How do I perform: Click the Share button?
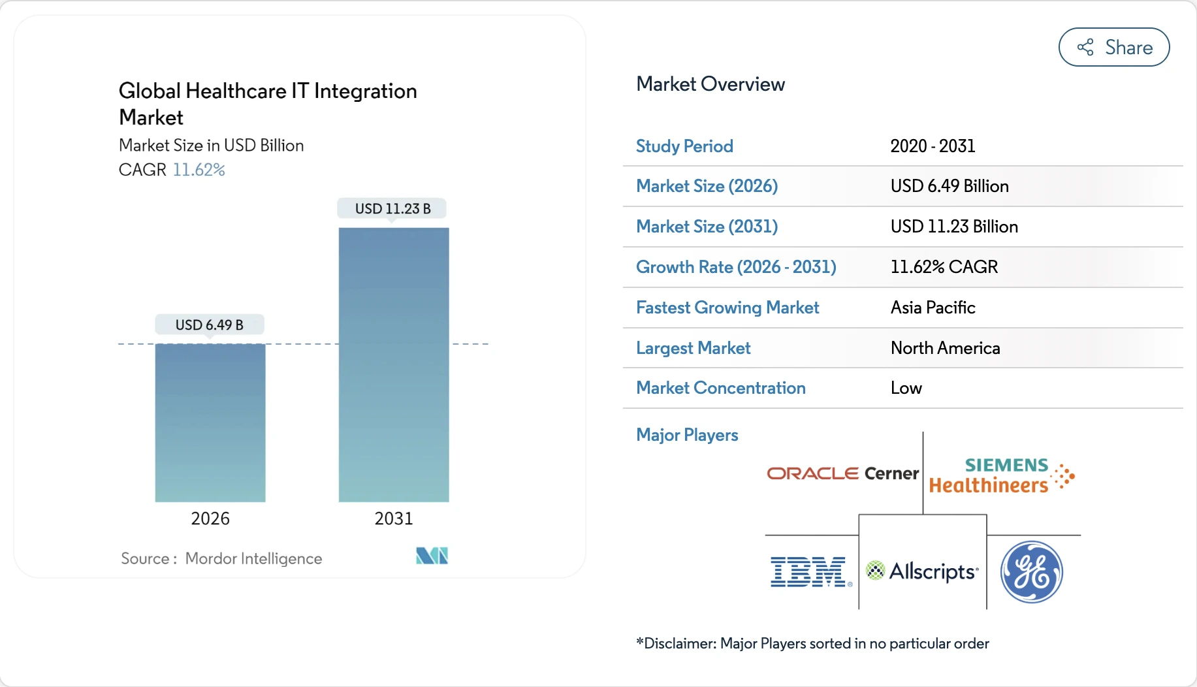(x=1113, y=47)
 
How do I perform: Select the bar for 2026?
(x=210, y=423)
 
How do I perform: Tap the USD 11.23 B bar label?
(x=392, y=209)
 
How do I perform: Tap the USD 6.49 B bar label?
(x=209, y=325)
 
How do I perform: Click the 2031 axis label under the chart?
(x=393, y=519)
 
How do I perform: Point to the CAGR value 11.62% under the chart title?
(x=199, y=170)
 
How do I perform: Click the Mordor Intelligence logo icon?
(x=432, y=556)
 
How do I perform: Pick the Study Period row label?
(x=684, y=146)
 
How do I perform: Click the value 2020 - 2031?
(x=933, y=146)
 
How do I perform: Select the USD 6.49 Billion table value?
(x=950, y=187)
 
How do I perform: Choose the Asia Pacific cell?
(x=933, y=308)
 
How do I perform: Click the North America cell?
(x=945, y=348)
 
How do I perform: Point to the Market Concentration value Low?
(x=906, y=389)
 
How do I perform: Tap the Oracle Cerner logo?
(x=842, y=473)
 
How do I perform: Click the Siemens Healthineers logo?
(x=1000, y=475)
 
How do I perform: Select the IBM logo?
(x=809, y=572)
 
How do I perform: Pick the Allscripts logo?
(x=922, y=571)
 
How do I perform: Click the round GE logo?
(x=1032, y=572)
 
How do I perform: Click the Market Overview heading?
(x=710, y=84)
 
